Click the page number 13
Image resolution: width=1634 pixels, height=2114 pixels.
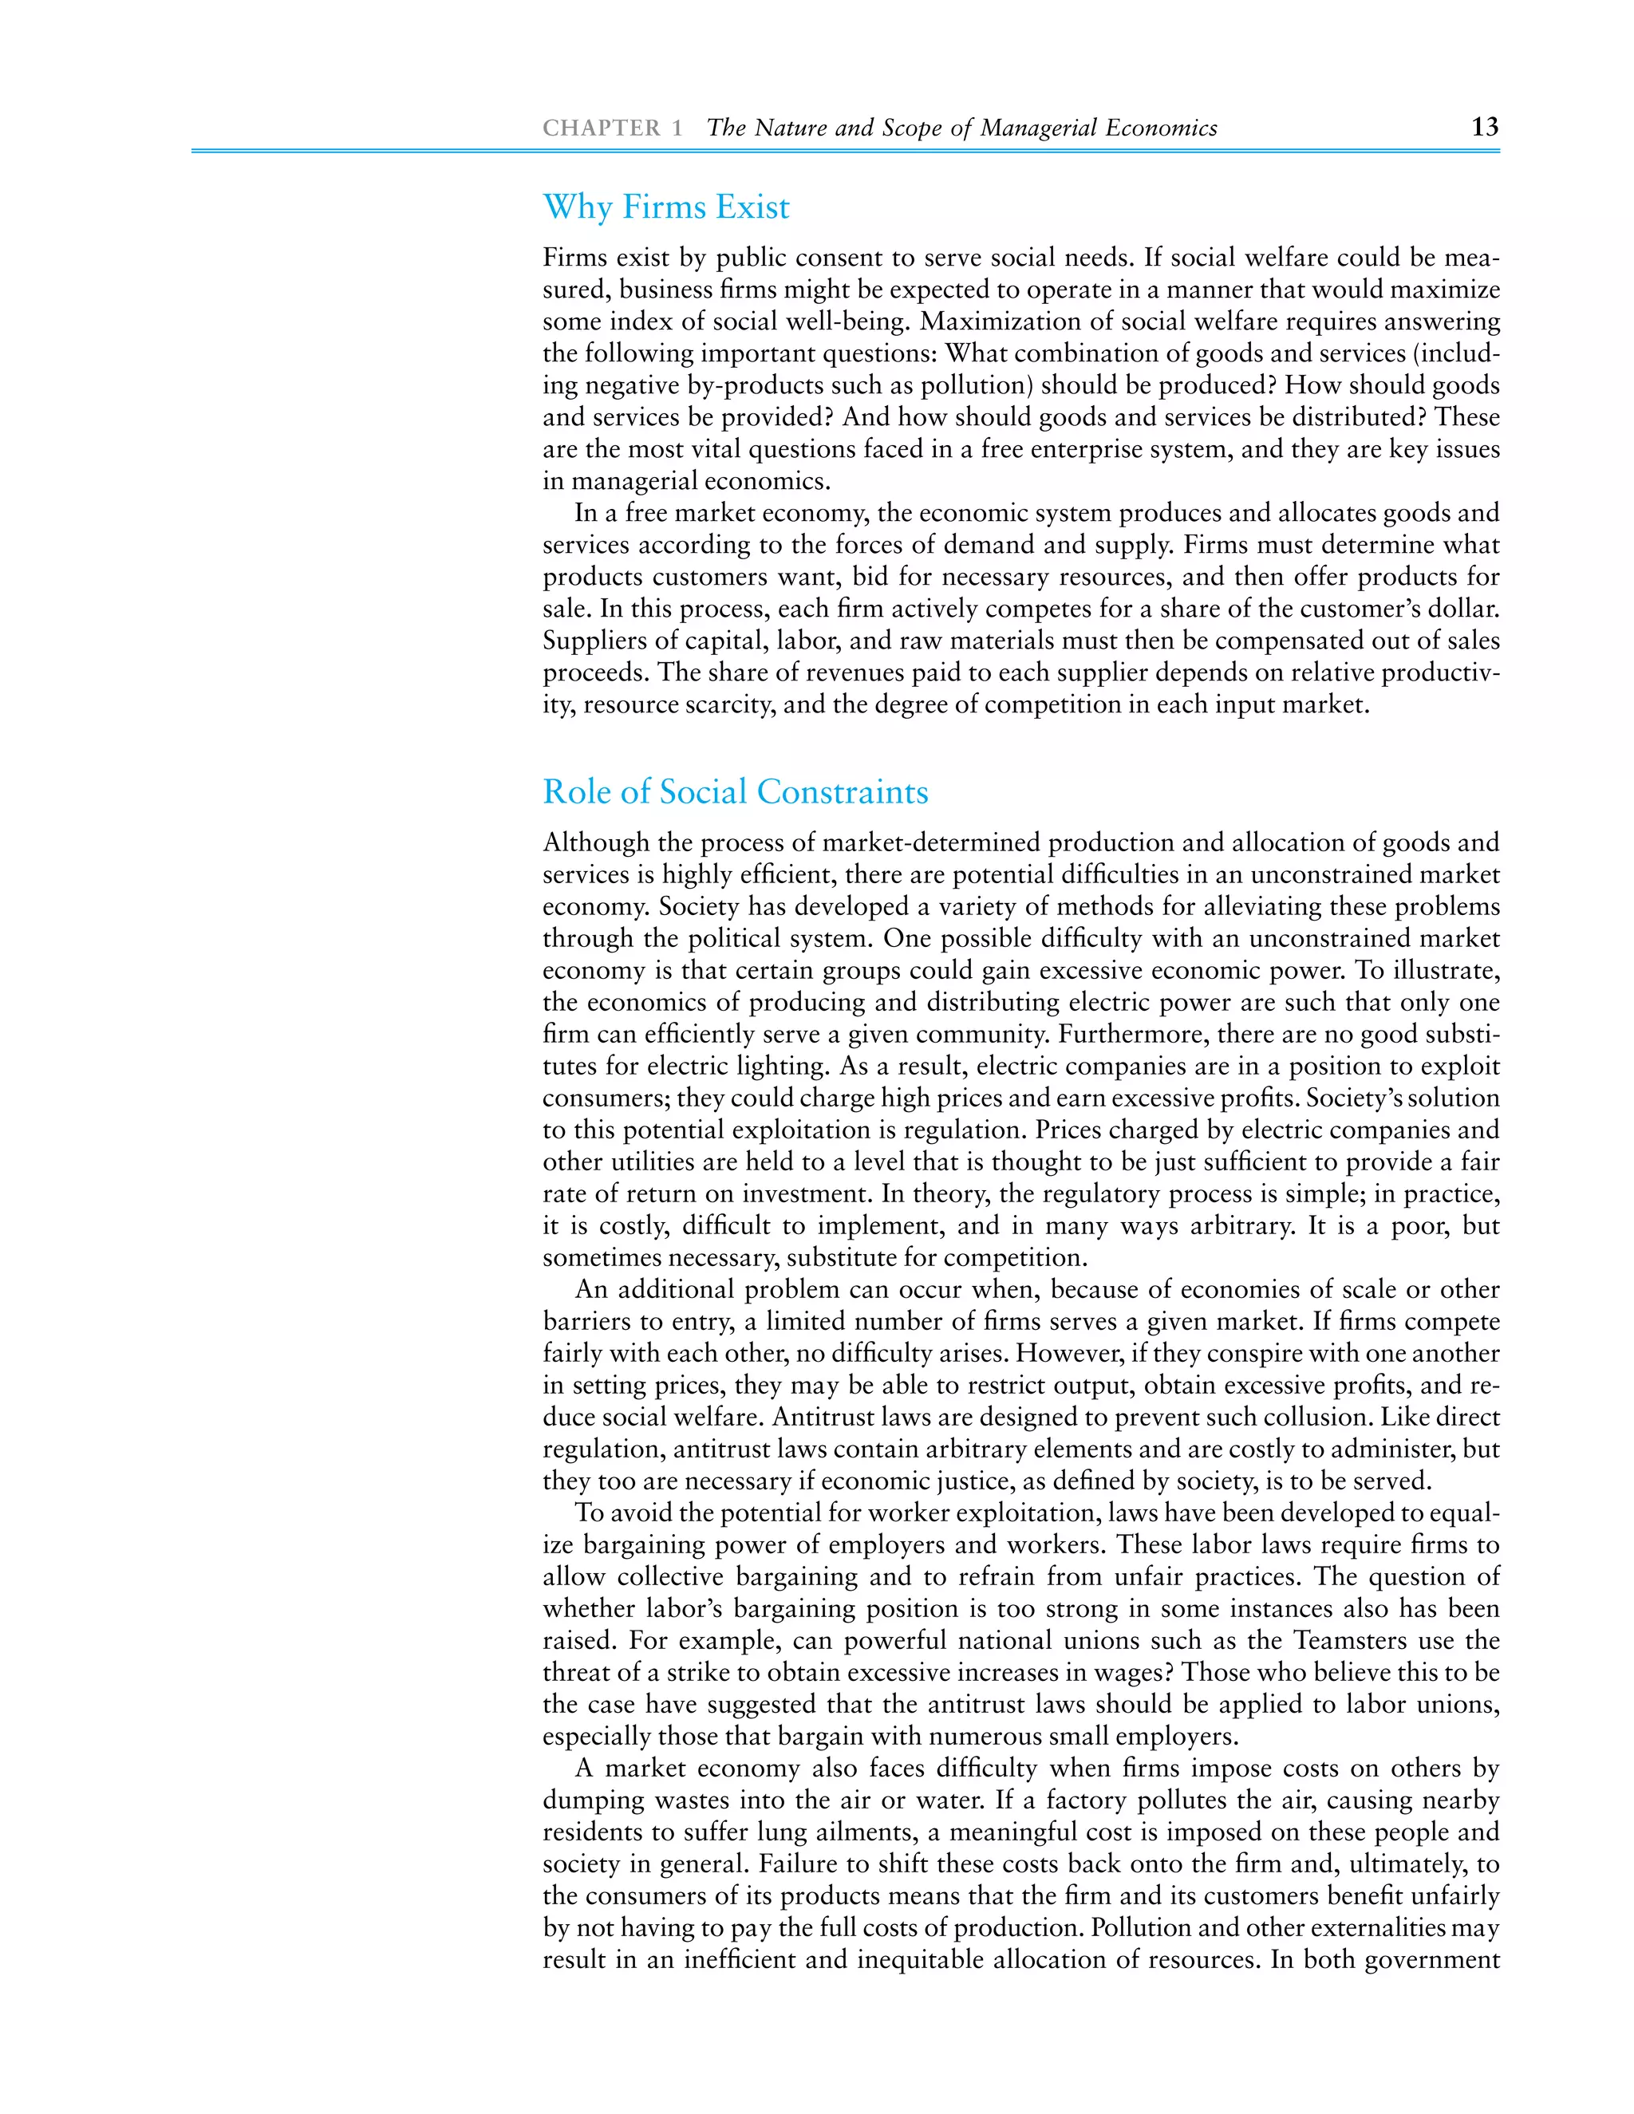click(1484, 127)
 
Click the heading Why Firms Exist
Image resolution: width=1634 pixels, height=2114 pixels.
click(666, 207)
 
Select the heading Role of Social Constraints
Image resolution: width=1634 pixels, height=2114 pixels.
click(735, 792)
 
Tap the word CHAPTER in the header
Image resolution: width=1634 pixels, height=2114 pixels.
click(601, 128)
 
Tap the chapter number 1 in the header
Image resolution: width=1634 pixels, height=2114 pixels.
click(677, 128)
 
